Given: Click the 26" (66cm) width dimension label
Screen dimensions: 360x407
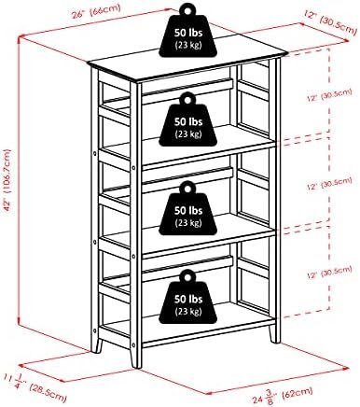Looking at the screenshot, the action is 96,11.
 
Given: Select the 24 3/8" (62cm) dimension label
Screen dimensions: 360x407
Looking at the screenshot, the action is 282,395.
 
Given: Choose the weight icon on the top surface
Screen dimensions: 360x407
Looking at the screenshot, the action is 188,31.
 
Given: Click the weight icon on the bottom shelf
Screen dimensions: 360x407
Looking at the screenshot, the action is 188,297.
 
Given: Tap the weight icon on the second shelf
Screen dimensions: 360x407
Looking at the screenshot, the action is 188,119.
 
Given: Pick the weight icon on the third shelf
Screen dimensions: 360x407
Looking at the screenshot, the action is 188,208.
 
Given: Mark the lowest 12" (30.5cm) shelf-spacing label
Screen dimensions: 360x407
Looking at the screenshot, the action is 329,272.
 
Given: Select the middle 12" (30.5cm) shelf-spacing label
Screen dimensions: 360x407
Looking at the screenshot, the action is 329,184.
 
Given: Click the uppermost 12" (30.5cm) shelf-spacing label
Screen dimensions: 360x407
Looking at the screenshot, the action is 329,95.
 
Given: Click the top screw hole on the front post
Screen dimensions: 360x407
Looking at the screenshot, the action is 133,168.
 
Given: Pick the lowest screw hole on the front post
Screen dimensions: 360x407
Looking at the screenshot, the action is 133,344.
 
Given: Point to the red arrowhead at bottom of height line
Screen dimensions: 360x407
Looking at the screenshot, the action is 20,320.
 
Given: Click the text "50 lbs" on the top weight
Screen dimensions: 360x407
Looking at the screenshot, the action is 188,33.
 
